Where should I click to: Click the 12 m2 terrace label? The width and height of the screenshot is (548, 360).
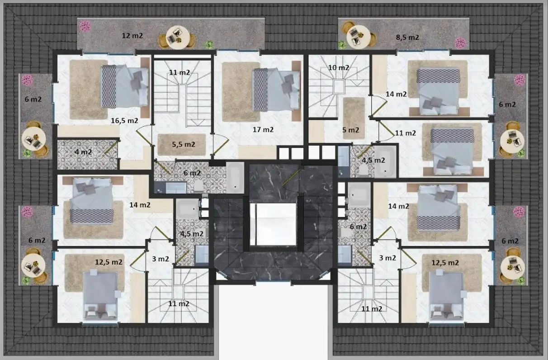point(132,36)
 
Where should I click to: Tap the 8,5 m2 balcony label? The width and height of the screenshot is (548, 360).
point(407,38)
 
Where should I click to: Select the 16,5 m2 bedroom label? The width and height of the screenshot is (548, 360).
point(124,120)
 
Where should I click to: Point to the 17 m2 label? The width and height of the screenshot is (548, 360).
point(263,129)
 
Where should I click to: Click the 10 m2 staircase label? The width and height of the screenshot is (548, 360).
point(339,67)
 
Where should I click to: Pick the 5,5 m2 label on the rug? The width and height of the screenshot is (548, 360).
point(184,144)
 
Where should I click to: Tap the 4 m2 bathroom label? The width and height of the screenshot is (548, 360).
point(83,152)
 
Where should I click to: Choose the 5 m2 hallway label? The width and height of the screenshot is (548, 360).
point(350,130)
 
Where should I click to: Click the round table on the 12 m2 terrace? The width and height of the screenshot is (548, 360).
point(178,38)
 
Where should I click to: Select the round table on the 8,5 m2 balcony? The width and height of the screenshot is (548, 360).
point(359,37)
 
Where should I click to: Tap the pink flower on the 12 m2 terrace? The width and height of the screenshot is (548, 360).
point(85,26)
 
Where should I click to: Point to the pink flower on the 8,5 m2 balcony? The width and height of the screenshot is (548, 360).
point(460,43)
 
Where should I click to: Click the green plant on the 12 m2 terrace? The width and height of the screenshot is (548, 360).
point(209,44)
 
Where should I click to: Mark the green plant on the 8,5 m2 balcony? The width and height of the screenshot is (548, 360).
point(342,44)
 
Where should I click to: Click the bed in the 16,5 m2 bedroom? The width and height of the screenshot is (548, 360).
point(125,86)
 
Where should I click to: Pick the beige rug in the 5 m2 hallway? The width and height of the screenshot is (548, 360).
point(354,118)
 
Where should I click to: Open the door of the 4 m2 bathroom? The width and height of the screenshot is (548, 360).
point(111,148)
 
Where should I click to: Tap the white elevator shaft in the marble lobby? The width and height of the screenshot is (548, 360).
point(276,224)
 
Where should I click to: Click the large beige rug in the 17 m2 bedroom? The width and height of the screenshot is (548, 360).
point(241,92)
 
